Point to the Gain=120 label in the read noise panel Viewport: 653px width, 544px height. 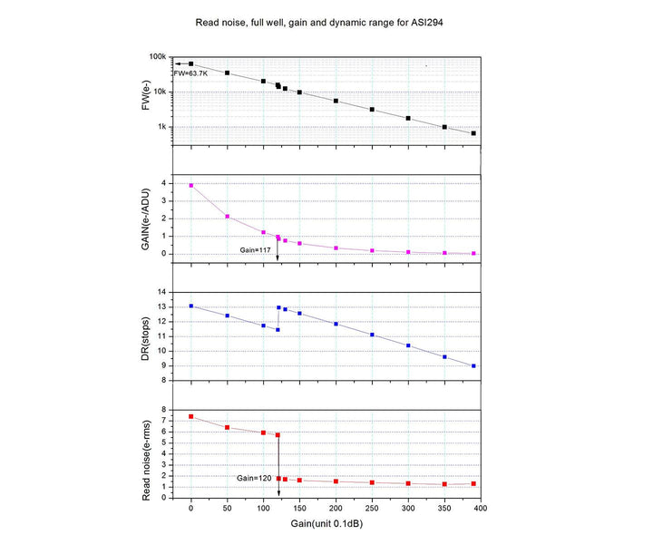click(x=255, y=477)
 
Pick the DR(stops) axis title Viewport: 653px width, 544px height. click(x=146, y=336)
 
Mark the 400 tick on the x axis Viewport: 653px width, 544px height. click(x=481, y=510)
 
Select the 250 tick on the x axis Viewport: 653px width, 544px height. click(x=372, y=510)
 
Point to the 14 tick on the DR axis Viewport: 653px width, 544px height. click(x=163, y=292)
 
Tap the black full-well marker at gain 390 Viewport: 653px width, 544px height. click(x=473, y=133)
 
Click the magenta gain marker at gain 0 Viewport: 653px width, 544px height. click(x=190, y=185)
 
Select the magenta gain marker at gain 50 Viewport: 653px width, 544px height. click(x=227, y=217)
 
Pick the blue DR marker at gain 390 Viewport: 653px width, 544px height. click(x=473, y=365)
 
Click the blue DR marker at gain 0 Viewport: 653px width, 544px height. click(x=190, y=306)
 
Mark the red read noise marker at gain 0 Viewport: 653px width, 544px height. click(x=190, y=416)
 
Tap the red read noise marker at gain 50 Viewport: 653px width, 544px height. click(x=227, y=427)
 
